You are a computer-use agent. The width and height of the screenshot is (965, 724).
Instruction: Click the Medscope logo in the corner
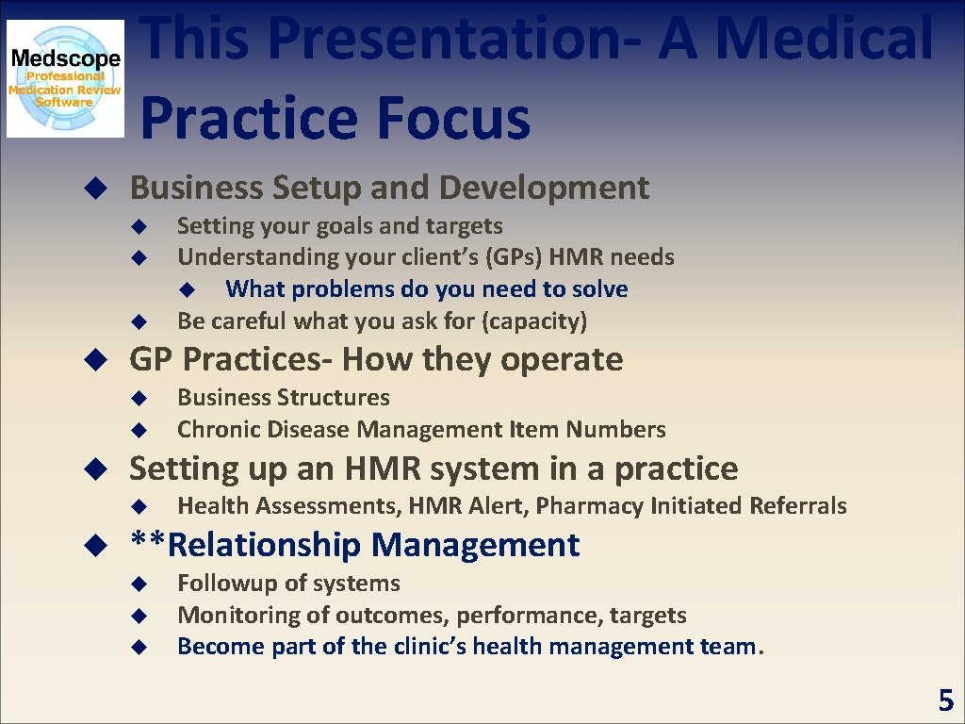coord(65,78)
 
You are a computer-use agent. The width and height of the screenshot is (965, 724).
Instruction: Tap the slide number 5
coord(945,700)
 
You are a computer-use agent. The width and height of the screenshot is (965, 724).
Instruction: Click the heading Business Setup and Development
coord(389,188)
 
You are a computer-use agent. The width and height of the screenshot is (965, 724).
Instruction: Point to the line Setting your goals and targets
coord(339,226)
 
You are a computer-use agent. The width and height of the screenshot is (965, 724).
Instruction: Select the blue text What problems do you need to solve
coord(426,289)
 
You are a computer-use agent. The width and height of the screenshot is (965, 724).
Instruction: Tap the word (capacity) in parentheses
coord(534,321)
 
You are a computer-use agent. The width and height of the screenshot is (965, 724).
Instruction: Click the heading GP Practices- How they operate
coord(376,359)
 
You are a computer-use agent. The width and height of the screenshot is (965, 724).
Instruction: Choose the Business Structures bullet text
coord(283,398)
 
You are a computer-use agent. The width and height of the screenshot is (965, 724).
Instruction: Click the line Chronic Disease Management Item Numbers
coord(421,430)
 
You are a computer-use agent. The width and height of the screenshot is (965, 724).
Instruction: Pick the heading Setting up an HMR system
coord(433,469)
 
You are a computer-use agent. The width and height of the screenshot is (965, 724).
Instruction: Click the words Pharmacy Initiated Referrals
coord(691,506)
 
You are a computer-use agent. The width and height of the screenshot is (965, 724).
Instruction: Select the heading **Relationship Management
coord(354,545)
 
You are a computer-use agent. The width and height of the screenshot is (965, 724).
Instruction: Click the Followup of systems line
coord(288,584)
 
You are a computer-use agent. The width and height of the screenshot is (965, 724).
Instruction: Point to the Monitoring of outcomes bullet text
coord(432,616)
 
